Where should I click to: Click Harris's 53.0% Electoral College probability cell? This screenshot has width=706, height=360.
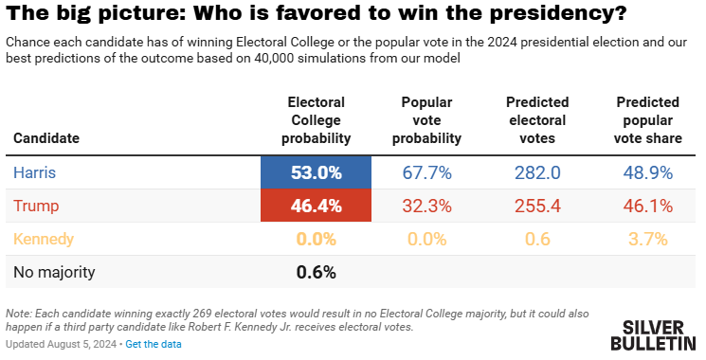pos(317,172)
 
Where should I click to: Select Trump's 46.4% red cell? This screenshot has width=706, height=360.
pos(317,206)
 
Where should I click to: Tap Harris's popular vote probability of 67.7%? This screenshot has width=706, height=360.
pos(426,172)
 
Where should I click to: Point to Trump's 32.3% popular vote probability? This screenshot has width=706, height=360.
pos(426,206)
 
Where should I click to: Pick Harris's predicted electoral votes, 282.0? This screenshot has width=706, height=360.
pos(537,172)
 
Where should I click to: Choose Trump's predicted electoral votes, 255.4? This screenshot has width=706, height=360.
pos(537,206)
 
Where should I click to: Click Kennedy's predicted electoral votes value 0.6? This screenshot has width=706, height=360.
pos(537,239)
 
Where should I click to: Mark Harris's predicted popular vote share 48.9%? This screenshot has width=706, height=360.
pos(648,172)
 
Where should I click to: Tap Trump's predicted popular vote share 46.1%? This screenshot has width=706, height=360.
pos(648,206)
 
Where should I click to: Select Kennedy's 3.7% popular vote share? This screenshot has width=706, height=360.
pos(648,239)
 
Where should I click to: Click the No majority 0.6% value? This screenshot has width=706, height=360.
pos(317,272)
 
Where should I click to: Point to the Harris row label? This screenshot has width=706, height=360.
pos(35,172)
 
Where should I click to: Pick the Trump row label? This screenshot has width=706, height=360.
pos(36,207)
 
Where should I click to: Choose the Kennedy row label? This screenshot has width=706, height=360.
pos(44,239)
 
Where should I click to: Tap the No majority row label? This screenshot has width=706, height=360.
pos(54,272)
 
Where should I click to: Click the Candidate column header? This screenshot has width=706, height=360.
pos(46,138)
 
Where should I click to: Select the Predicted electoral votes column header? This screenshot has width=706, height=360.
pos(537,120)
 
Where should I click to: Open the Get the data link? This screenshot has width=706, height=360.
pos(154,344)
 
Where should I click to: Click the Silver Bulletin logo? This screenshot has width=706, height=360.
pos(653,335)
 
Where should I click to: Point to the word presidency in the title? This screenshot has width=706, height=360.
pos(558,13)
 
